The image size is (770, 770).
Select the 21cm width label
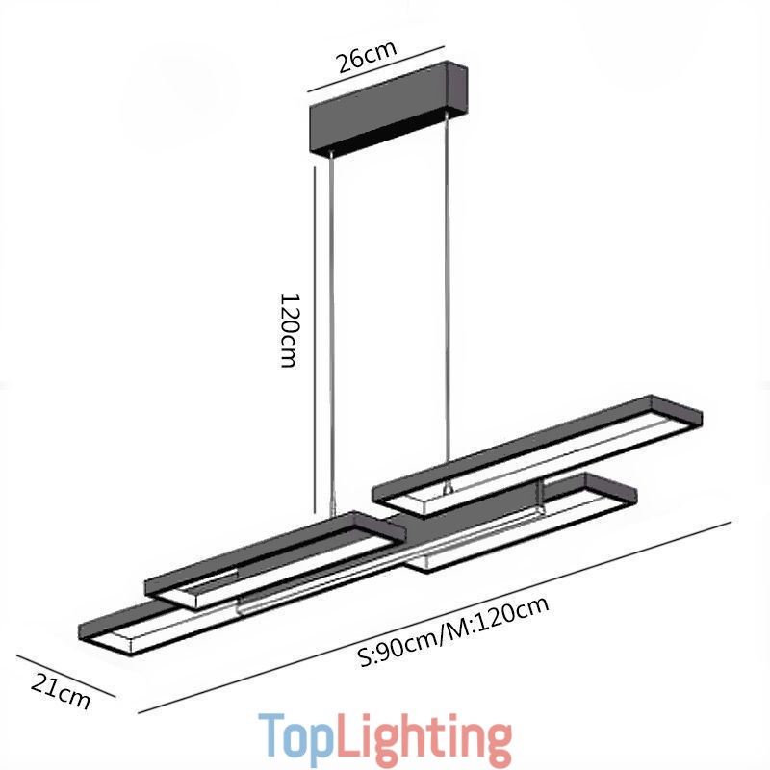tap(61, 691)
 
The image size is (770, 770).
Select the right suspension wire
tap(448, 289)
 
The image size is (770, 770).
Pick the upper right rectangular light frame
tap(539, 448)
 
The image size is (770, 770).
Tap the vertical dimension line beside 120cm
tap(316, 337)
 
